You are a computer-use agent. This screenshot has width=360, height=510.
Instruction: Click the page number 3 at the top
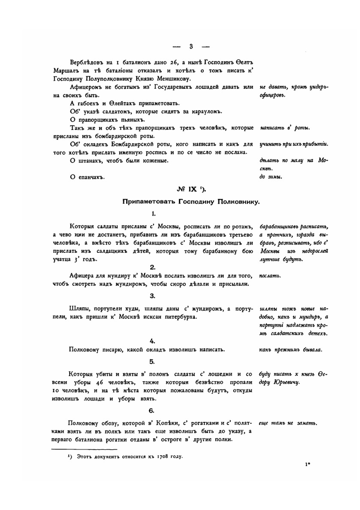coord(191,46)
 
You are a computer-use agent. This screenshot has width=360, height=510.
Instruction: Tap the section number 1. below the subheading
coord(154,214)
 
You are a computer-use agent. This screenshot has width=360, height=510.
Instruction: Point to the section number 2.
coord(153,267)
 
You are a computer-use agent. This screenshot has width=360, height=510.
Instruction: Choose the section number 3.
coord(153,296)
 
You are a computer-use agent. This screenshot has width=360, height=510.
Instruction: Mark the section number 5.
coord(153,361)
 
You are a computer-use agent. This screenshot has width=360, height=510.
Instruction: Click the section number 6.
coord(153,411)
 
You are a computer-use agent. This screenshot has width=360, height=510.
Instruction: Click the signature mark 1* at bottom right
coord(308,464)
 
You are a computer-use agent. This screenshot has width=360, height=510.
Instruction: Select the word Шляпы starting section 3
coord(79,309)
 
